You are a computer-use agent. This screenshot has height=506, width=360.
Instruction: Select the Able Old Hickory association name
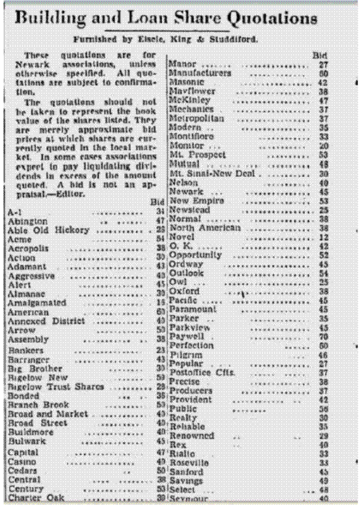pyautogui.click(x=49, y=230)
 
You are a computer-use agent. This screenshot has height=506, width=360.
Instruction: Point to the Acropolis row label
pyautogui.click(x=28, y=248)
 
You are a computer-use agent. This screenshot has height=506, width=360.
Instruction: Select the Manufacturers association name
pyautogui.click(x=200, y=73)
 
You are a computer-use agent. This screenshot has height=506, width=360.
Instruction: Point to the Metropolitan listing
pyautogui.click(x=196, y=119)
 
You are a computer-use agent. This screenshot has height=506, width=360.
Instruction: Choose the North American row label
pyautogui.click(x=200, y=228)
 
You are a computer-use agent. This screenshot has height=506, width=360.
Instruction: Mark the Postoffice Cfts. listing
pyautogui.click(x=202, y=372)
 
